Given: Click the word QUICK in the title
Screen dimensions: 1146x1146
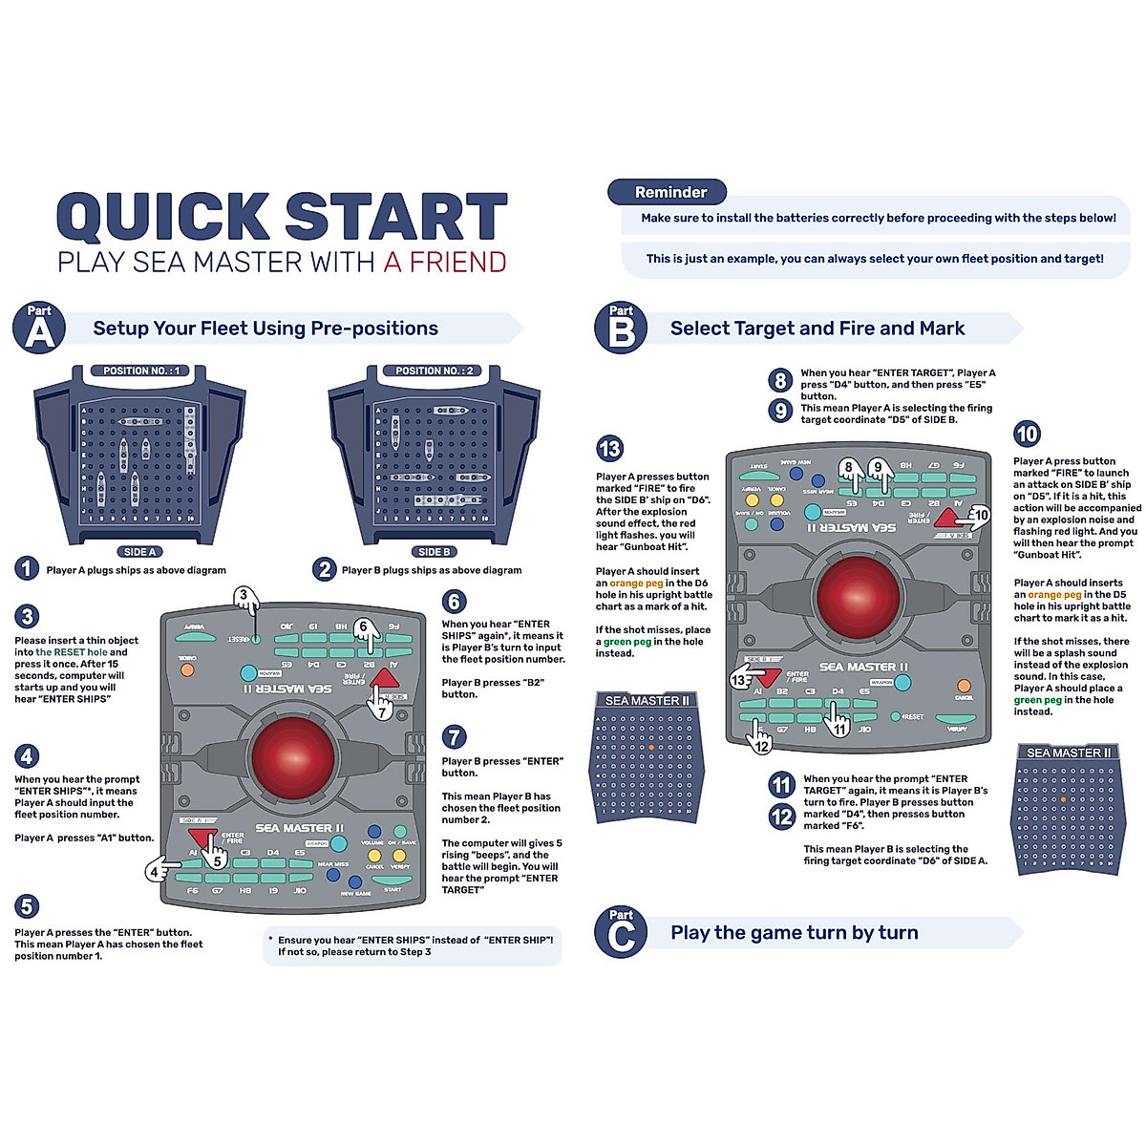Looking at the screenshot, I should [x=163, y=217].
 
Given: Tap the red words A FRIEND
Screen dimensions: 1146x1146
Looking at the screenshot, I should [x=445, y=262].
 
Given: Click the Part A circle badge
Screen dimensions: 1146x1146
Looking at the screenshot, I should [x=39, y=329].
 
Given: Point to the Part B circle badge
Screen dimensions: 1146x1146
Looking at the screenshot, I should [x=621, y=329].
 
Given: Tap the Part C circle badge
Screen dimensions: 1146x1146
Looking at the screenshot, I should [x=621, y=933].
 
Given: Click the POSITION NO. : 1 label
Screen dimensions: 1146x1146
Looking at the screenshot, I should [x=140, y=371].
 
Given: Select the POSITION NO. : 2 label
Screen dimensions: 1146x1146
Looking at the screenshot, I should [x=435, y=371].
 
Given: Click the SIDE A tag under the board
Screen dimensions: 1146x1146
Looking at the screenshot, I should [x=140, y=552].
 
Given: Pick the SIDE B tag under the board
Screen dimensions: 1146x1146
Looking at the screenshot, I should [x=435, y=552].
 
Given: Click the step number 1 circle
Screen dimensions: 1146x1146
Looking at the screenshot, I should [x=27, y=569].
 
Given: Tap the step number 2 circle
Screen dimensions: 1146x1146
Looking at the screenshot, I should [x=325, y=569].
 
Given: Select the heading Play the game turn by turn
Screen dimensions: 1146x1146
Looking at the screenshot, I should [x=794, y=933].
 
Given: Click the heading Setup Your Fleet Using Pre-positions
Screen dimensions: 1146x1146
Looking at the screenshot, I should [x=265, y=329].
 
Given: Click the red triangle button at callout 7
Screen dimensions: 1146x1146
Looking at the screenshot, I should [x=384, y=682].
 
